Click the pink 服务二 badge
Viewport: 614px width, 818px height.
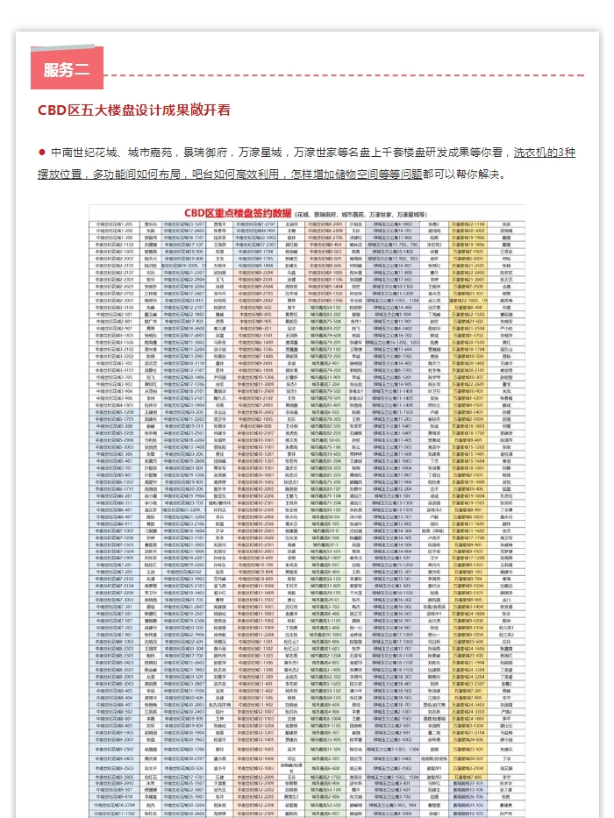[x=67, y=70]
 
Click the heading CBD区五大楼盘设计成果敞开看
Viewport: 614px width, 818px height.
[x=133, y=110]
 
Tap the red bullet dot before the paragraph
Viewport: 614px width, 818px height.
[x=41, y=152]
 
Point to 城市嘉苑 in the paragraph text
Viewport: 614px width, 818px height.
[x=141, y=152]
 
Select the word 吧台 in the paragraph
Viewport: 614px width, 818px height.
[x=207, y=174]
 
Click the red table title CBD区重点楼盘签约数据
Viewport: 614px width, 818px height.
[x=238, y=213]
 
